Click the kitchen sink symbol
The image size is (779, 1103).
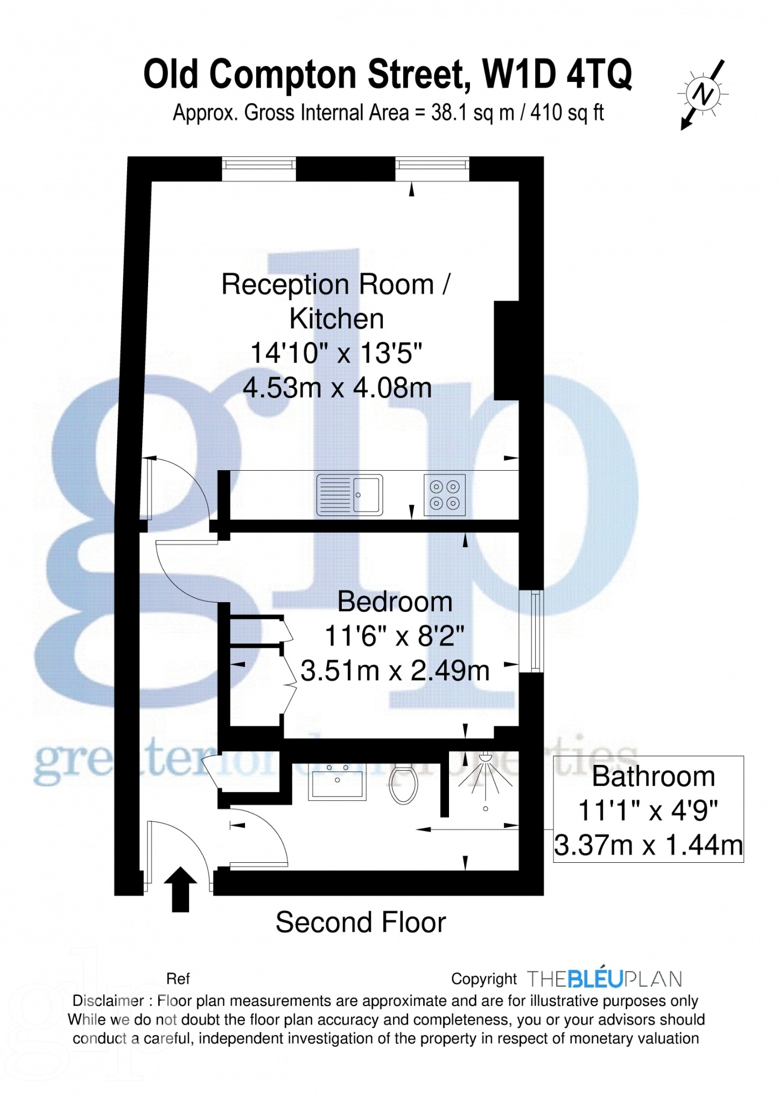(x=349, y=494)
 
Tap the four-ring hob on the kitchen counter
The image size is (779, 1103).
(x=445, y=495)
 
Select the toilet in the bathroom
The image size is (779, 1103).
(x=404, y=784)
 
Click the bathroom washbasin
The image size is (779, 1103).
(x=337, y=780)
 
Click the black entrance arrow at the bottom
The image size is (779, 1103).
(x=180, y=889)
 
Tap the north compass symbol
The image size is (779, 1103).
(x=703, y=95)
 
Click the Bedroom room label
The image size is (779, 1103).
(x=395, y=602)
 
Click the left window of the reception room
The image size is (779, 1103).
(x=259, y=169)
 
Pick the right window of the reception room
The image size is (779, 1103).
(x=432, y=169)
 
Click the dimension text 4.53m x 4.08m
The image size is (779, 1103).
(x=338, y=388)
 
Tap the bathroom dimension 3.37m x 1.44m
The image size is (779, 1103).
(x=649, y=844)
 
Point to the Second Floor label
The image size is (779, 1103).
(x=361, y=923)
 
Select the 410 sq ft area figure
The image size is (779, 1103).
(x=567, y=113)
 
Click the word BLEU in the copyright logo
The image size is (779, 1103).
(x=595, y=979)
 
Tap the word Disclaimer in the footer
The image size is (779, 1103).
(x=108, y=1001)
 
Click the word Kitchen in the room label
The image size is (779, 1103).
(x=337, y=319)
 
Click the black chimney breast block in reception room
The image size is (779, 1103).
(x=507, y=351)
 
